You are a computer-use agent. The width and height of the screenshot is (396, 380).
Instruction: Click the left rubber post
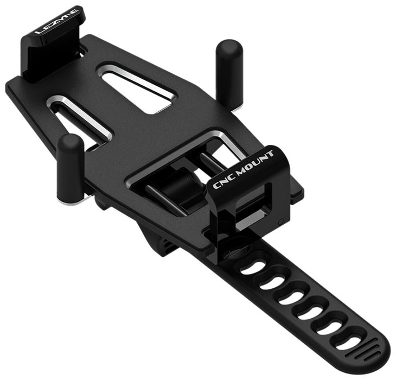pos(71,166)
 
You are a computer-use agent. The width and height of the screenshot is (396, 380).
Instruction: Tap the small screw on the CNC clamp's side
pos(280,222)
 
